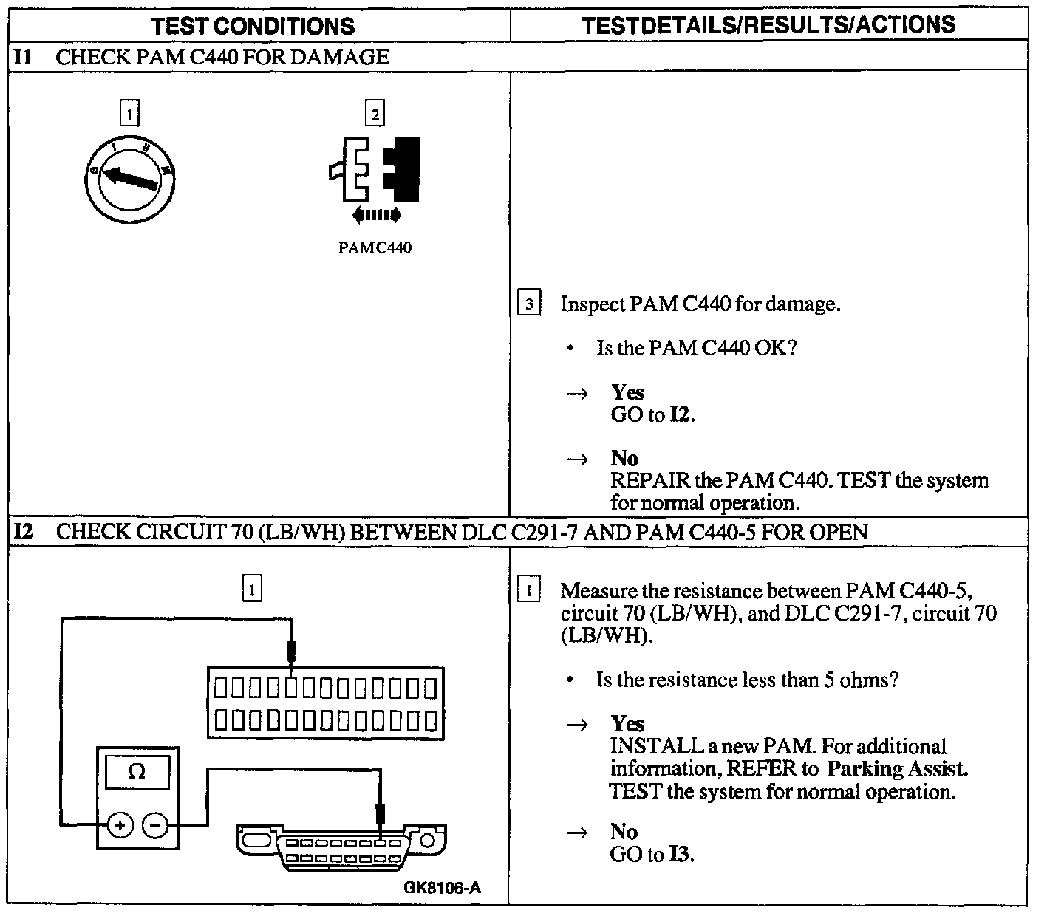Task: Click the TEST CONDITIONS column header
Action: click(x=253, y=27)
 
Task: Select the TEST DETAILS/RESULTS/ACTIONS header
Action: click(x=768, y=25)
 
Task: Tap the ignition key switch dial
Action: click(x=129, y=178)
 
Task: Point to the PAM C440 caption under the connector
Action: click(x=375, y=248)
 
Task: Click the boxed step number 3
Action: click(x=529, y=304)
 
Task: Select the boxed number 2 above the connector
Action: click(x=375, y=115)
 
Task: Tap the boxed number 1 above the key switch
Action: click(x=129, y=115)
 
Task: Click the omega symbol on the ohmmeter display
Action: click(x=137, y=773)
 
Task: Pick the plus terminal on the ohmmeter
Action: click(x=119, y=824)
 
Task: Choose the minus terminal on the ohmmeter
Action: click(x=154, y=824)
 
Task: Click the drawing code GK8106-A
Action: click(x=442, y=887)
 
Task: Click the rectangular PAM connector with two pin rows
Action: click(x=326, y=703)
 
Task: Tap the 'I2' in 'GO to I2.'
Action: click(x=681, y=415)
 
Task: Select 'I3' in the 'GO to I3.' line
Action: click(x=681, y=855)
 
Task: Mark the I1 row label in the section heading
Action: click(x=24, y=57)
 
